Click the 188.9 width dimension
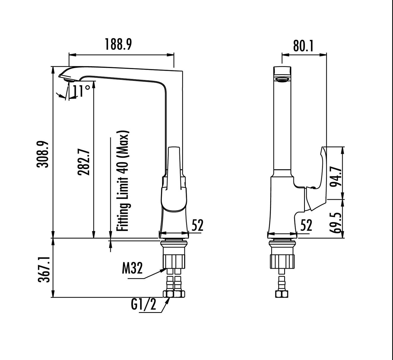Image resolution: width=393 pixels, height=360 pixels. (x=119, y=45)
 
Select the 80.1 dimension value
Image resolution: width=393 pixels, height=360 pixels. (x=303, y=46)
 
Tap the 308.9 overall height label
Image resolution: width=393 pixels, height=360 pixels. (x=43, y=154)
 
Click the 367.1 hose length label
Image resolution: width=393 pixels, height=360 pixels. (x=44, y=268)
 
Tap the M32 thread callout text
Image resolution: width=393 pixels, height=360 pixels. (x=132, y=269)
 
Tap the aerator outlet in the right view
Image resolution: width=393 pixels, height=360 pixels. (x=282, y=79)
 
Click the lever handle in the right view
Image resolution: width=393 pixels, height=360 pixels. (x=317, y=180)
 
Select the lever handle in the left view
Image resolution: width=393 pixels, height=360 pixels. (x=174, y=180)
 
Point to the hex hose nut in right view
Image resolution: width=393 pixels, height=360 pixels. (x=282, y=294)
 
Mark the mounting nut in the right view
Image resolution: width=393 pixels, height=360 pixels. (x=282, y=261)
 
